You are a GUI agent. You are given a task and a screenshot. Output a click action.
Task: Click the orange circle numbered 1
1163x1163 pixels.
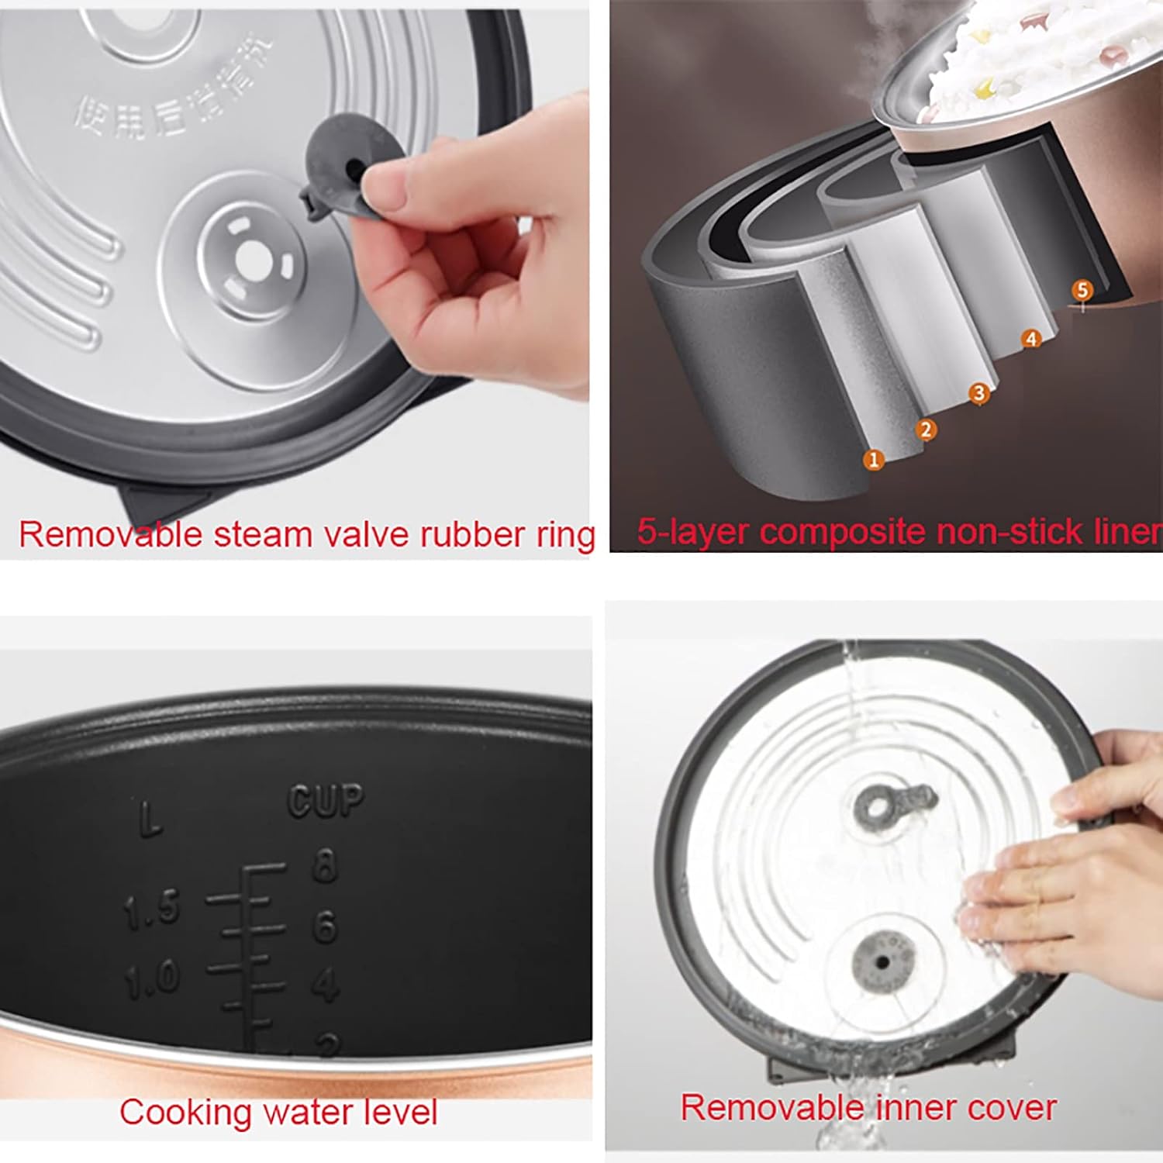(874, 460)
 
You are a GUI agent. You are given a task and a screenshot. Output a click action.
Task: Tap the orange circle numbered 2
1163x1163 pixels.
(926, 430)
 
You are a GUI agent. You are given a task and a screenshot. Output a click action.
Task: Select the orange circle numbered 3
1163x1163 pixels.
(979, 394)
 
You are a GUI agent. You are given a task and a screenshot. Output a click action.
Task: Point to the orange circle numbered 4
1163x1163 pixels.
(1030, 339)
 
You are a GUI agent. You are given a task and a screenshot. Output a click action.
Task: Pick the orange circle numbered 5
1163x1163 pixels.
(1082, 291)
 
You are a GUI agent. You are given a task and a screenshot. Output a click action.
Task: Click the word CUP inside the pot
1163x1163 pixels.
(326, 801)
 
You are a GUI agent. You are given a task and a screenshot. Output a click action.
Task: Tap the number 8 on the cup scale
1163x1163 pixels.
(325, 865)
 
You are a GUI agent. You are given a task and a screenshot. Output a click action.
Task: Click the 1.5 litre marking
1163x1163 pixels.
(151, 909)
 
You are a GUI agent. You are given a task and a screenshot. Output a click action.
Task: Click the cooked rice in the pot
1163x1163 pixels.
(1008, 54)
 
